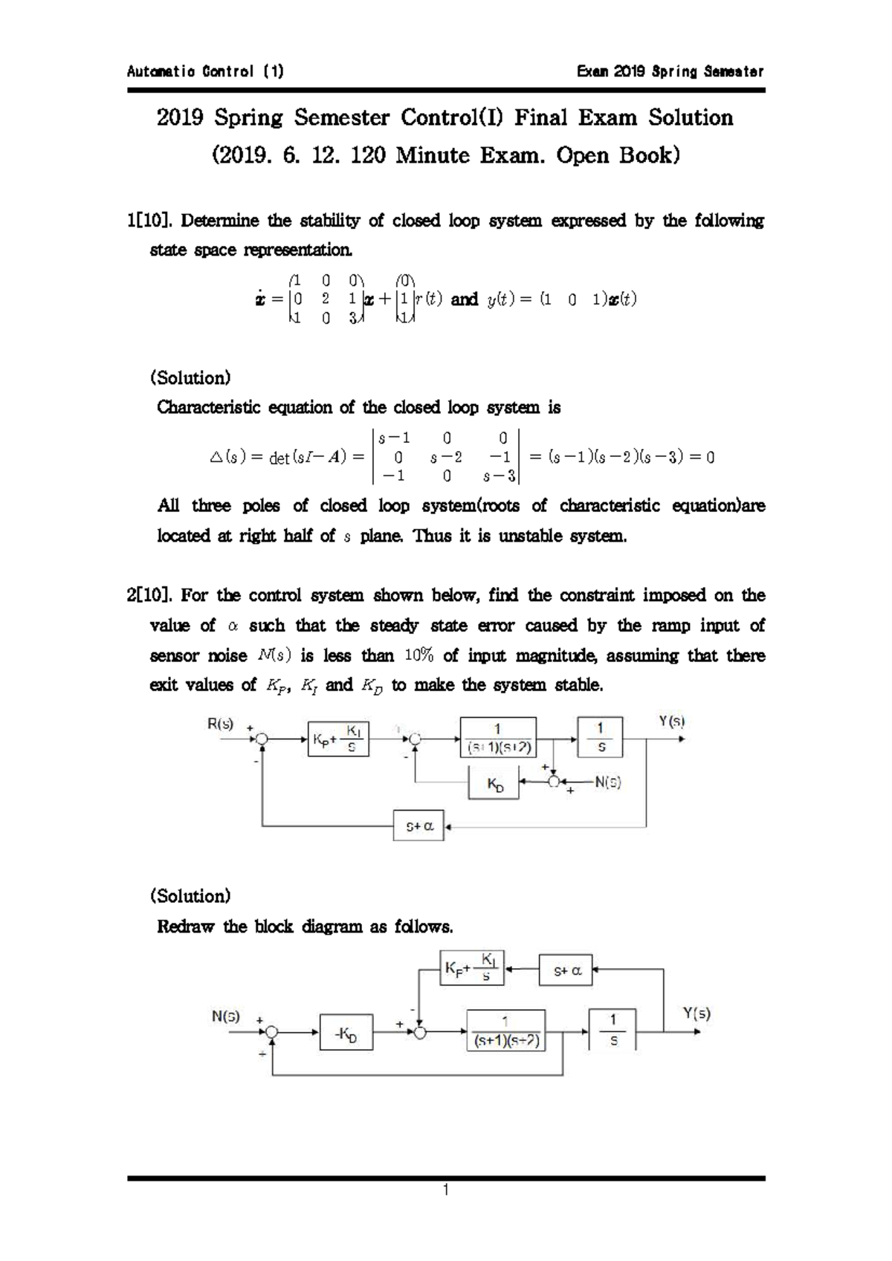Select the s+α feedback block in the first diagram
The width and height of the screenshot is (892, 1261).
point(418,826)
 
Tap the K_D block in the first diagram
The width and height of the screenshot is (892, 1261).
point(494,783)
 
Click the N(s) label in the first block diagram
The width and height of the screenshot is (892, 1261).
point(607,782)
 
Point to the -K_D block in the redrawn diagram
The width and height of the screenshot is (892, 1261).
point(346,1033)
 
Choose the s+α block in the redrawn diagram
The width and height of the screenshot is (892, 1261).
point(567,970)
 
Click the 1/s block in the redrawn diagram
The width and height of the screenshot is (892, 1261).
point(613,1029)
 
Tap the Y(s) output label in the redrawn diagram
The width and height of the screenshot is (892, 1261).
point(697,1013)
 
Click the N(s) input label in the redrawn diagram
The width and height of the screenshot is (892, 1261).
point(226,1017)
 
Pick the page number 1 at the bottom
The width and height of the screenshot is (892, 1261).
point(445,1190)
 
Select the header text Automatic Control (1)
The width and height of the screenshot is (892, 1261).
point(205,72)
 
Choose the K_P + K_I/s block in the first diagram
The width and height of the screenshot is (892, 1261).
point(339,738)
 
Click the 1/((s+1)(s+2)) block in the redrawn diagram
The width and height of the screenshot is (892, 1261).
point(505,1030)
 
